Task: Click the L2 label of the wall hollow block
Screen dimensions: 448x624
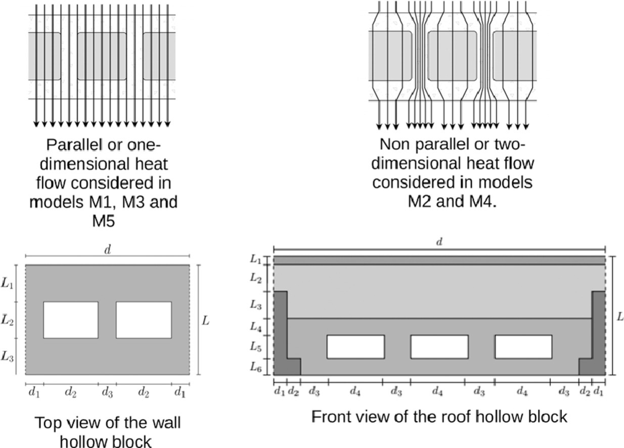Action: pos(7,320)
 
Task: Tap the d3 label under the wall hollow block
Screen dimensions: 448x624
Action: pos(107,392)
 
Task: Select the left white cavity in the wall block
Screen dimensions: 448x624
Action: pos(71,320)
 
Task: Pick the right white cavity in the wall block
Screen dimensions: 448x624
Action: pos(144,320)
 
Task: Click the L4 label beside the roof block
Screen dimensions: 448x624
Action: pos(256,327)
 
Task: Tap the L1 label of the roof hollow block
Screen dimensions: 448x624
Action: pos(256,259)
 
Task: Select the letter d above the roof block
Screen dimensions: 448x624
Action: pos(439,242)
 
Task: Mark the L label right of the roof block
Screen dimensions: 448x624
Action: pos(620,317)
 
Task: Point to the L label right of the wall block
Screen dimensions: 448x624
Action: pos(205,321)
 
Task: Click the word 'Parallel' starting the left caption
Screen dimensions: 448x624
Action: pos(75,145)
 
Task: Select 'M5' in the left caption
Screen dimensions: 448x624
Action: pos(104,220)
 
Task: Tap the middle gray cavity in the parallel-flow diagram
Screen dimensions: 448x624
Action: pos(102,56)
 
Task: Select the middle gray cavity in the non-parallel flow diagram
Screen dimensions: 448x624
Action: pos(452,56)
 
